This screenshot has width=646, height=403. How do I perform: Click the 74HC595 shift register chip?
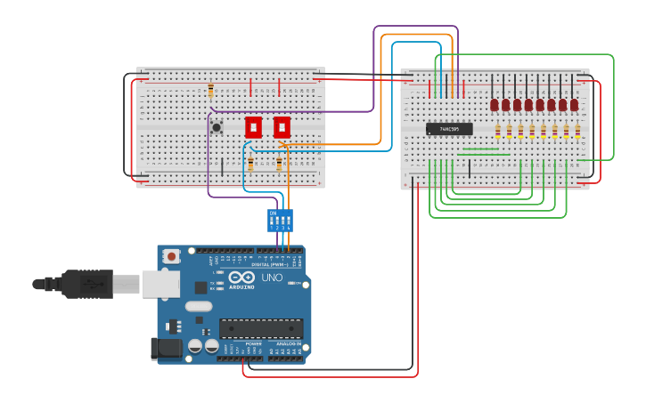click(449, 129)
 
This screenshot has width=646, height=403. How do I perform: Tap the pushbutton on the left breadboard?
click(217, 128)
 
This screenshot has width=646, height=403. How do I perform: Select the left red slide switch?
click(253, 126)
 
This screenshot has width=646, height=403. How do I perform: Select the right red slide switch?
click(282, 126)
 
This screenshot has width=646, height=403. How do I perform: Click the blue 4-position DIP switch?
click(280, 220)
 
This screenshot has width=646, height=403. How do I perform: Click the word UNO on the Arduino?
click(272, 278)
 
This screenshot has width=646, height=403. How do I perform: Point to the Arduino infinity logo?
click(241, 278)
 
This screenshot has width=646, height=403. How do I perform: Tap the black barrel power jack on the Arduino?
click(167, 348)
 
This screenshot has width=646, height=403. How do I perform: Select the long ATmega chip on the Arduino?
click(261, 327)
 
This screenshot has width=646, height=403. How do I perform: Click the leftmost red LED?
click(495, 105)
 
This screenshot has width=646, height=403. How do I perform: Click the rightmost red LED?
click(575, 105)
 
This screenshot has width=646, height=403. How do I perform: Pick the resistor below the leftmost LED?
click(498, 132)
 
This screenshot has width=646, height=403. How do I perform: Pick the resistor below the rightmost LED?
click(577, 132)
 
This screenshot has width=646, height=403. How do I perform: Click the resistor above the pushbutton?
click(210, 91)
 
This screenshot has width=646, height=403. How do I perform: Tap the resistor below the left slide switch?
click(250, 164)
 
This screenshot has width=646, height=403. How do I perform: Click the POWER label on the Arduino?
click(241, 343)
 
